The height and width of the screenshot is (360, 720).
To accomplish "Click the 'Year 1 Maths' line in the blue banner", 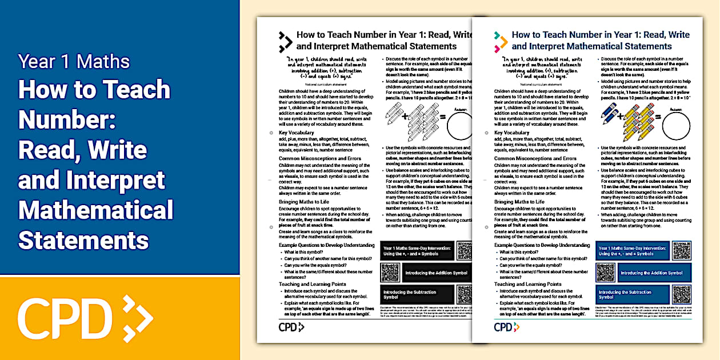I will tap(74, 61).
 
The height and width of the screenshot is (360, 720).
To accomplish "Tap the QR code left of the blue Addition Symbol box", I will tap(607, 273).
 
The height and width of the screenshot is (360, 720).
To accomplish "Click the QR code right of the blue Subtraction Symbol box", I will tap(681, 294).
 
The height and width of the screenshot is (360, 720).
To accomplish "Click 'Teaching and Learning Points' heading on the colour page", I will tap(528, 284).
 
